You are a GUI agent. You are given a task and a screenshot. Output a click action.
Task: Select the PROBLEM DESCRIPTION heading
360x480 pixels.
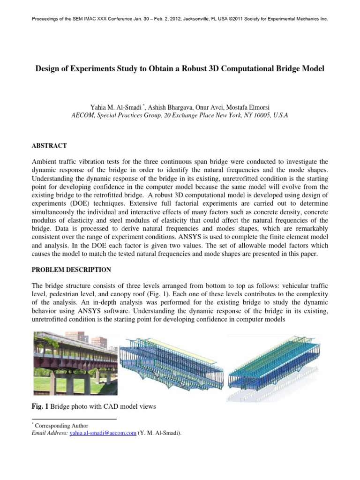pos(71,270)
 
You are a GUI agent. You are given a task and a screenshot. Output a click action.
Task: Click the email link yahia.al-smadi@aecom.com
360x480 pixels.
pos(103,434)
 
